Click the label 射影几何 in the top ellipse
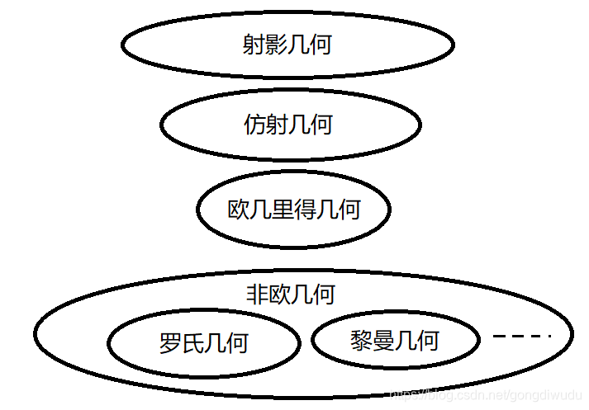pos(287,44)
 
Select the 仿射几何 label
pos(288,125)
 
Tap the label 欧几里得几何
pos(293,209)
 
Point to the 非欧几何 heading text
pos(290,295)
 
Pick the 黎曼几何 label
pos(395,340)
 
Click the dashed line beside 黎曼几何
pos(521,336)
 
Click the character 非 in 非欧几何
pos(256,295)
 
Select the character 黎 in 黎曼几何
pos(362,340)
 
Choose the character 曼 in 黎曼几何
pos(384,340)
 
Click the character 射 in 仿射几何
pos(278,125)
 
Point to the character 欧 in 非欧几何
pos(278,295)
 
